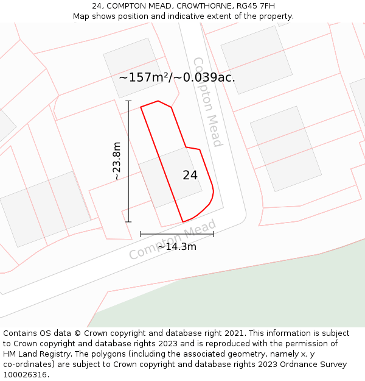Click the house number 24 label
[190, 175]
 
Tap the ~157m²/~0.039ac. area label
[177, 77]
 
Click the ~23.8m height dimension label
[117, 161]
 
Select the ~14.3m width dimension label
[177, 246]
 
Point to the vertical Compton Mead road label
[207, 102]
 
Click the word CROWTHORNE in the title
[203, 6]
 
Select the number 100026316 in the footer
[24, 374]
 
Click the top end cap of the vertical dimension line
[128, 101]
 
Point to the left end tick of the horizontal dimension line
[141, 233]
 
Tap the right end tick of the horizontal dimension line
[213, 233]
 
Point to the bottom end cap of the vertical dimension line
[128, 221]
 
